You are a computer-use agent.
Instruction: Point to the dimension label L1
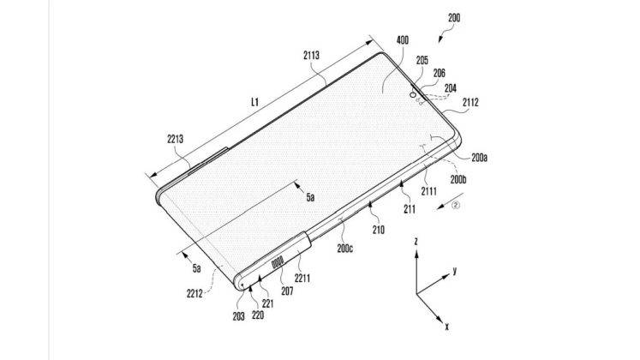(256, 101)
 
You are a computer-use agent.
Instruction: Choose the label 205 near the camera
(422, 61)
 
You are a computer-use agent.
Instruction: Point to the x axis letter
(448, 326)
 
